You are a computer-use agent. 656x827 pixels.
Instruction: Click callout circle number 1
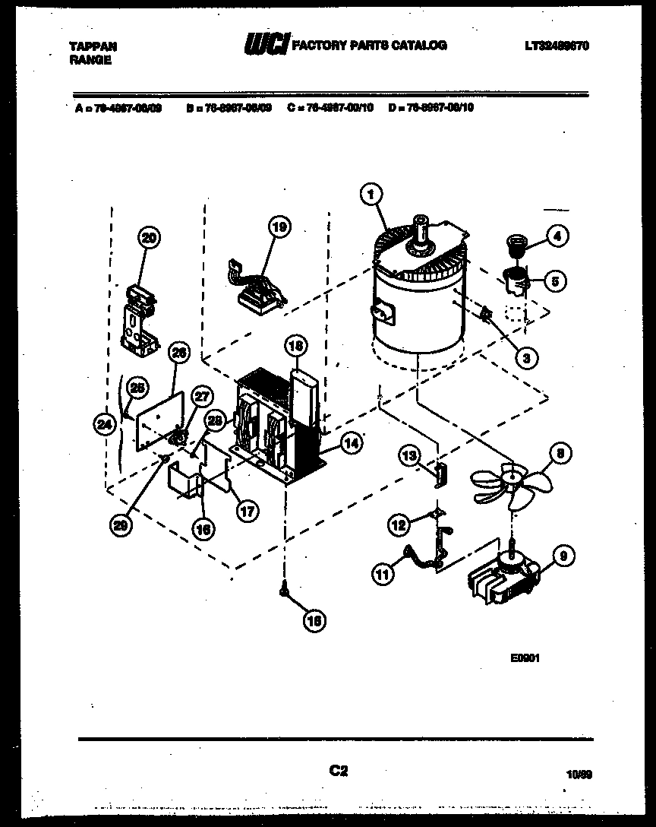(370, 195)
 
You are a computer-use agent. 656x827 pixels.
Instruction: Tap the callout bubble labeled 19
(279, 226)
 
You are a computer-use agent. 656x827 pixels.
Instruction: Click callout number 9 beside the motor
(561, 556)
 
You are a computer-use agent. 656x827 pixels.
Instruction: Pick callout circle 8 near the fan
(561, 455)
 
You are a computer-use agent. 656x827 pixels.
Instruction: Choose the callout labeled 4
(557, 236)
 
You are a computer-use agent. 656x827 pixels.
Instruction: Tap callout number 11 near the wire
(384, 575)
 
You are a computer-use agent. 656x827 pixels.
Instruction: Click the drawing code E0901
(525, 659)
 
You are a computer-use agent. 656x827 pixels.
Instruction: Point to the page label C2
(338, 771)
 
